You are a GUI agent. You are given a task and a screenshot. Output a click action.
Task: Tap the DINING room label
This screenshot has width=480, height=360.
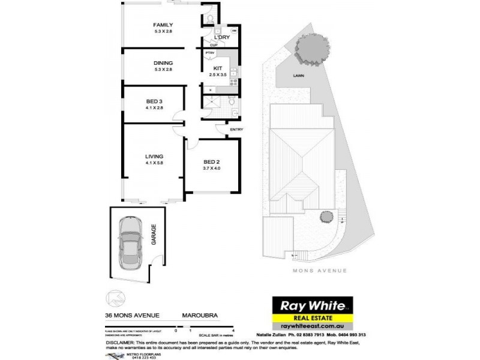point(163,63)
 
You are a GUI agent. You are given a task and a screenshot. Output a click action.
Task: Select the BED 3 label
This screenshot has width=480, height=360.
point(154,101)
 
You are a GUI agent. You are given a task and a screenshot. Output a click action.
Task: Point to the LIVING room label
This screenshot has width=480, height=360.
point(154,157)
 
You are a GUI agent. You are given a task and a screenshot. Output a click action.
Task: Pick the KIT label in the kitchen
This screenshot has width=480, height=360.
point(217,68)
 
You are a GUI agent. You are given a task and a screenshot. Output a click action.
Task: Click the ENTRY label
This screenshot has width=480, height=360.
point(236,129)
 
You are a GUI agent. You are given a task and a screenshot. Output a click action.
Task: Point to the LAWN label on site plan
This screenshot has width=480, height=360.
point(298,76)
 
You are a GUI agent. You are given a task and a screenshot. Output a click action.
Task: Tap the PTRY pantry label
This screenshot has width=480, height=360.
point(210,53)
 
